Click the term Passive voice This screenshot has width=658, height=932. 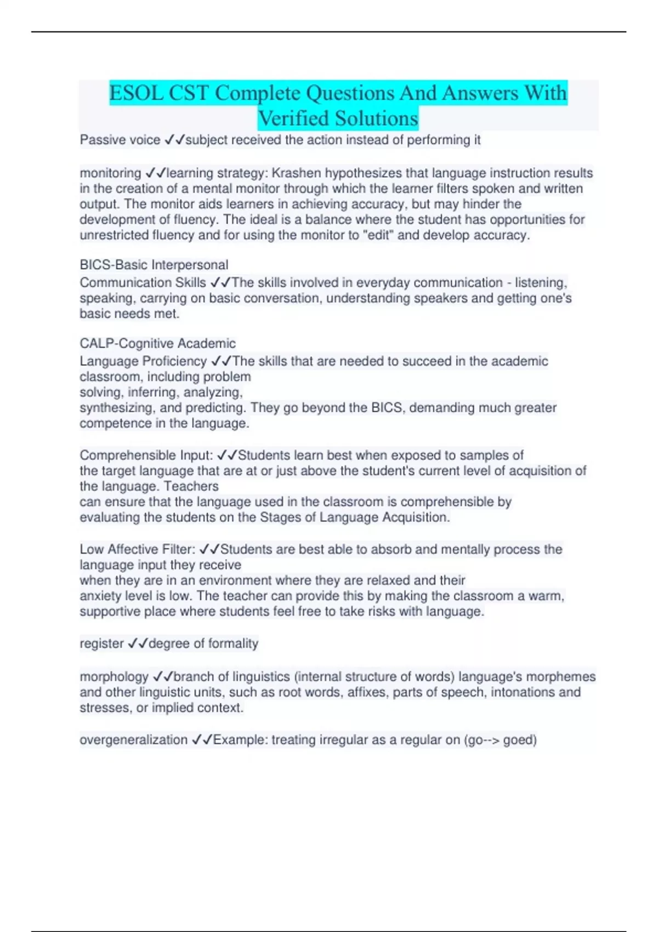tap(120, 140)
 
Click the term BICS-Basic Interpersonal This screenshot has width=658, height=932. tap(154, 265)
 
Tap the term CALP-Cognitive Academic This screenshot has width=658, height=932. tap(157, 344)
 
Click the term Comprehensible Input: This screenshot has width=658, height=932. tap(146, 456)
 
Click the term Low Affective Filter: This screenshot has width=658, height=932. tap(137, 549)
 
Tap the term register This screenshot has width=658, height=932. tap(101, 644)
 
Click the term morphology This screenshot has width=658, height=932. tap(114, 677)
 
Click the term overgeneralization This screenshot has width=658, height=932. tap(133, 740)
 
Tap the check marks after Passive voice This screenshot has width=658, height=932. tap(174, 140)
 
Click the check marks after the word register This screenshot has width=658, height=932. tap(137, 644)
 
